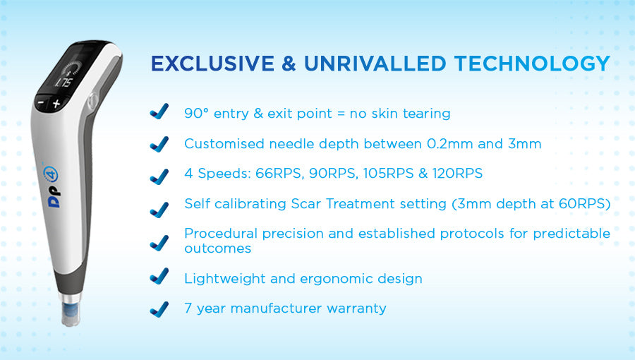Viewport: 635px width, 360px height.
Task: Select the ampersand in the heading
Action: tap(289, 64)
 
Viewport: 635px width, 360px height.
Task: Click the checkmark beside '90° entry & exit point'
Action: tap(159, 112)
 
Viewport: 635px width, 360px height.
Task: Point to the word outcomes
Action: tap(217, 248)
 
